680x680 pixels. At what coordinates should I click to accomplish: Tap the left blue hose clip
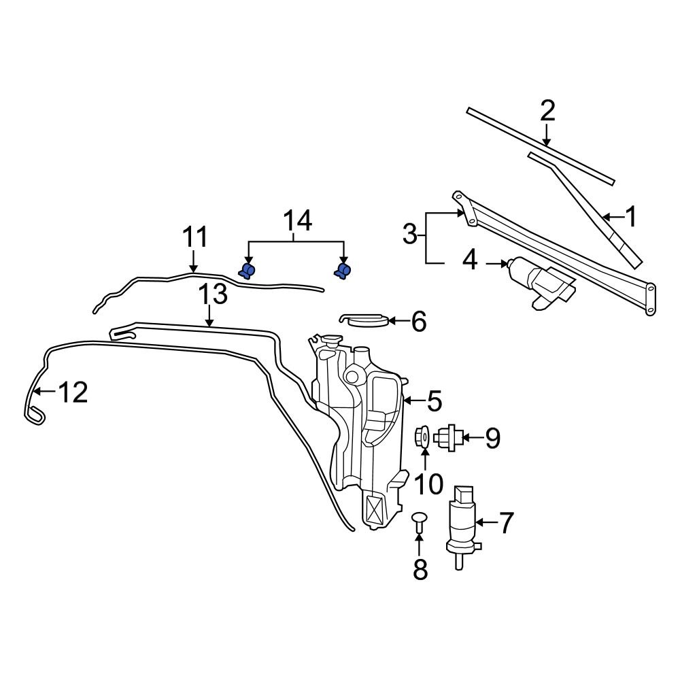point(247,271)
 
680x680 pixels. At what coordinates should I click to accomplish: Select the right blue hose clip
point(342,271)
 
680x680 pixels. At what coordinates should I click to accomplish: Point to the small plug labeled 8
point(420,522)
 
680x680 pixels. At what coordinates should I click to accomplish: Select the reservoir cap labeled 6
point(364,319)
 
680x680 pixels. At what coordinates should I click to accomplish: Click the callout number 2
point(547,111)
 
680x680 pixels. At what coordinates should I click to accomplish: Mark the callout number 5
point(434,401)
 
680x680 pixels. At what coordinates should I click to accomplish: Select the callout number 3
point(409,235)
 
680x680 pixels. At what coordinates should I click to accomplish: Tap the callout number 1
point(632,218)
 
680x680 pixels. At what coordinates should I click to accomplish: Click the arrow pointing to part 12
point(44,392)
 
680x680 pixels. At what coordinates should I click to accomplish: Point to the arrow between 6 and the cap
point(398,320)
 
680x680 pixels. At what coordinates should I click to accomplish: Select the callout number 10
point(428,484)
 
